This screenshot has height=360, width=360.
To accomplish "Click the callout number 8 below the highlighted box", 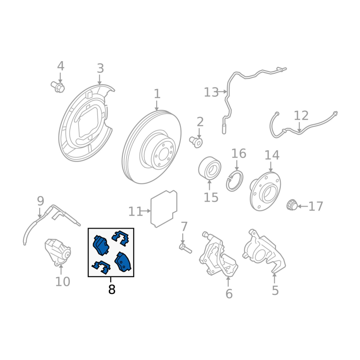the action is tap(112, 289).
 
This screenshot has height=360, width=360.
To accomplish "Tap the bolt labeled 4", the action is tap(58, 86).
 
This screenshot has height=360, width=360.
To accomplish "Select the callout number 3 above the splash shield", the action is tap(100, 68).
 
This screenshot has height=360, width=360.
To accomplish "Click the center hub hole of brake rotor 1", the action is tap(163, 154).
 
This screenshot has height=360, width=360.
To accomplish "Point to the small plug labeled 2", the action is tap(196, 142).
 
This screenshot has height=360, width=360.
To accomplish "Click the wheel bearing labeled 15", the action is tap(210, 168).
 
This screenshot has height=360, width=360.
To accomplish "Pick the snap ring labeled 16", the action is tap(234, 181).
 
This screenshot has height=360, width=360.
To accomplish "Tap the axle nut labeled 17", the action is tap(292, 205).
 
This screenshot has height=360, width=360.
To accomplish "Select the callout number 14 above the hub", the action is tap(272, 155).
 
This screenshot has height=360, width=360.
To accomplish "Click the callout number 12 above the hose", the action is tap(301, 116).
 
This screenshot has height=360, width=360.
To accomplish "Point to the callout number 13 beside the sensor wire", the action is tap(211, 92).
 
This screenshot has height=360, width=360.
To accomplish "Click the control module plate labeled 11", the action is tap(164, 209).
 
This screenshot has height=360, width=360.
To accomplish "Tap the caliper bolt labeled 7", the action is tap(185, 249).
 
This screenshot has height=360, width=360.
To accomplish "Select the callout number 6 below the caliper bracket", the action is tap(229, 294).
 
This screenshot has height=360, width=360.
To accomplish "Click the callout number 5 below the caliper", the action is tap(275, 290).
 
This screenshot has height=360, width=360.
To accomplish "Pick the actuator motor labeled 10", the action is tap(58, 252).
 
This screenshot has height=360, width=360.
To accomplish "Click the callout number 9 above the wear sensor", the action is tap(40, 201).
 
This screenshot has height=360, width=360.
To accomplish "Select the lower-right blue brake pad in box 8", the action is tap(123, 262).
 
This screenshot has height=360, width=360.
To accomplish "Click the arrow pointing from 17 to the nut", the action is tap(302, 206).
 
